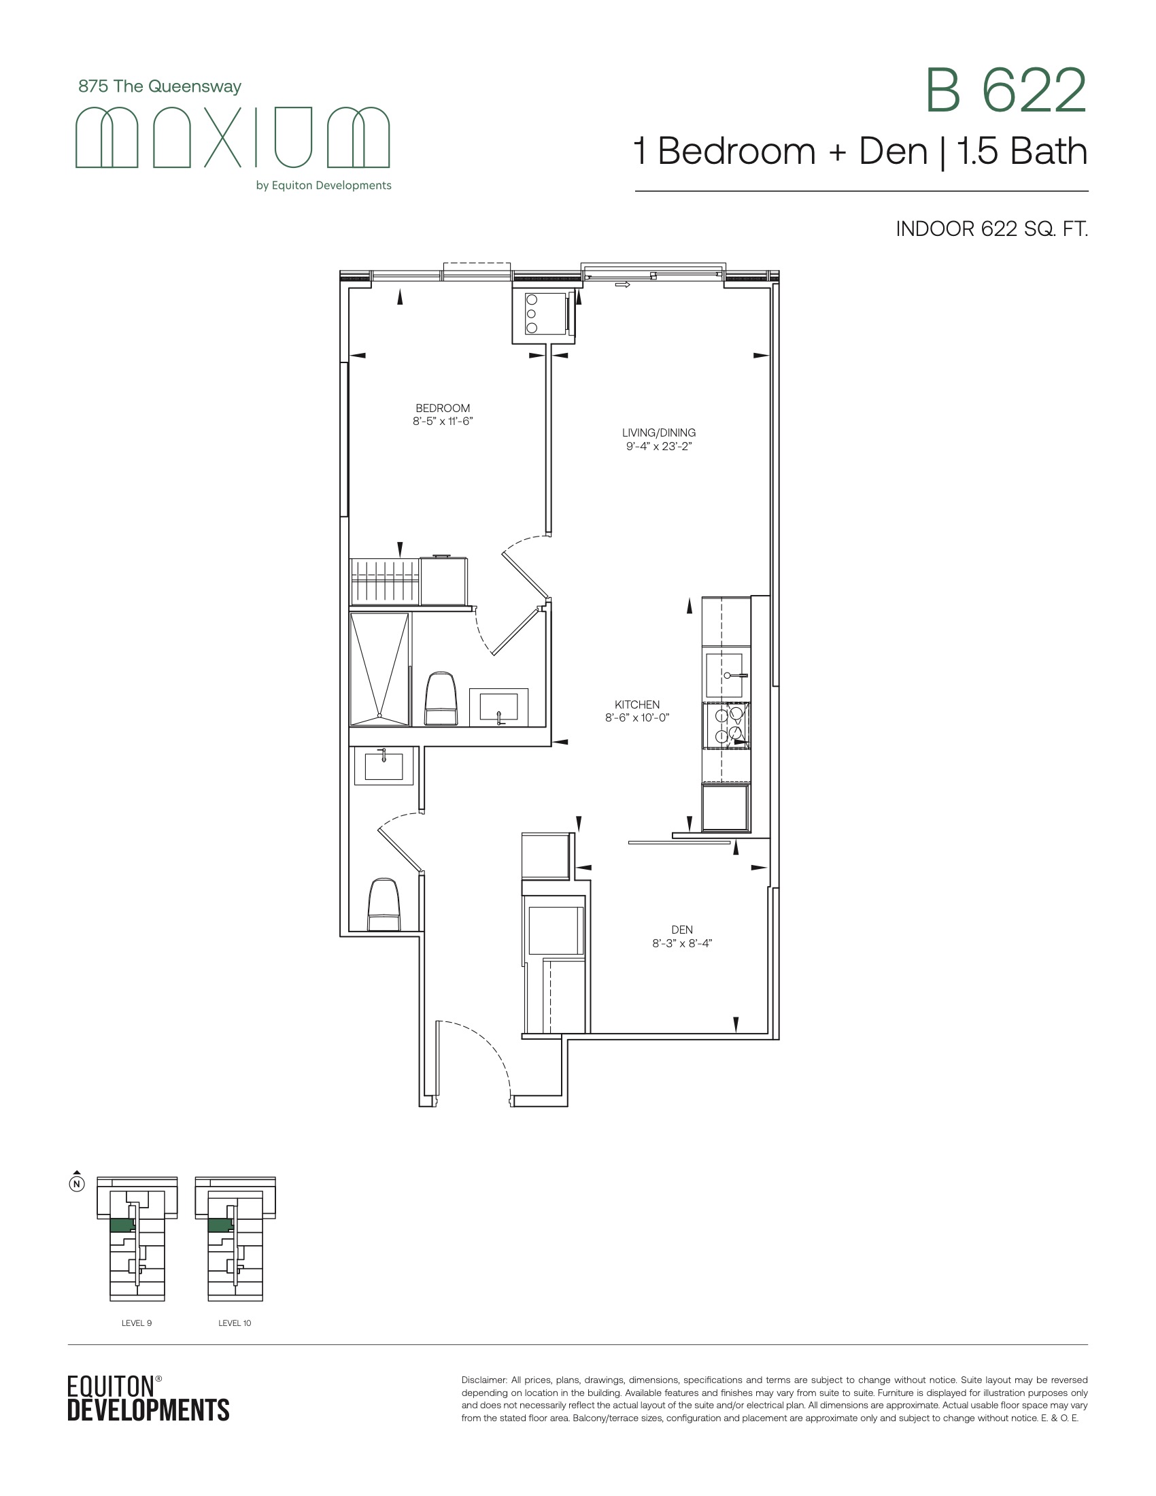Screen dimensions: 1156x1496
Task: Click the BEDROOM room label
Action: point(443,408)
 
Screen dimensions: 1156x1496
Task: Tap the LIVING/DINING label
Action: point(659,433)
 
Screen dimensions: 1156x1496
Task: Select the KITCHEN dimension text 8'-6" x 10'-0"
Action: point(637,718)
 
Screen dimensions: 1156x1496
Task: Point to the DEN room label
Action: point(682,930)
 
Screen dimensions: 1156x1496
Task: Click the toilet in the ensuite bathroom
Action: point(441,698)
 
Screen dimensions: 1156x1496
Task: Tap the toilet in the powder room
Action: point(384,905)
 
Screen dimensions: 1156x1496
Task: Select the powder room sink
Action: point(384,766)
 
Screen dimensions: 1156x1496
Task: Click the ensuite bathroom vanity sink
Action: point(498,707)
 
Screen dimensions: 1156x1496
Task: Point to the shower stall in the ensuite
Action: point(379,669)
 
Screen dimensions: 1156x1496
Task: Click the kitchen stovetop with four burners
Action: point(727,725)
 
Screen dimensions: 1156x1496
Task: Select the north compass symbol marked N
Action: point(78,1183)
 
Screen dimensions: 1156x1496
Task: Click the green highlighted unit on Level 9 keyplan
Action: point(122,1225)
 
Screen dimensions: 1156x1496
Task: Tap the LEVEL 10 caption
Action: point(235,1323)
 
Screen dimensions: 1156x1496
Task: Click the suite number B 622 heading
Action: point(1006,90)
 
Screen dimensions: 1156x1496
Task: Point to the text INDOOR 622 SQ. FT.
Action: point(991,228)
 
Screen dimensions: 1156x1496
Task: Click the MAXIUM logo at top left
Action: point(232,137)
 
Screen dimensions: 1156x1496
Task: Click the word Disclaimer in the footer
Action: point(483,1380)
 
